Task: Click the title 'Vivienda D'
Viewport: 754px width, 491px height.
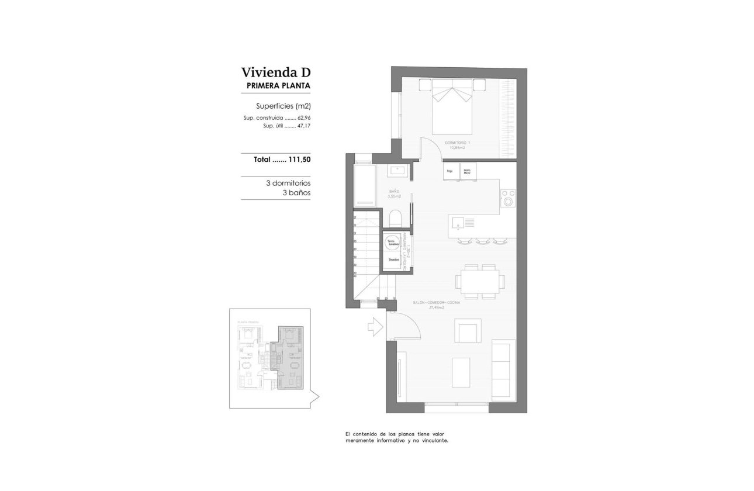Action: (275, 72)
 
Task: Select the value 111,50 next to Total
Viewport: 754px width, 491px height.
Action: (299, 159)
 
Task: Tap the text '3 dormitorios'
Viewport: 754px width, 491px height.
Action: (288, 183)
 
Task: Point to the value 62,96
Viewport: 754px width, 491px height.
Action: (304, 117)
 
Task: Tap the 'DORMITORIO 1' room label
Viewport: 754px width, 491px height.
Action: (457, 143)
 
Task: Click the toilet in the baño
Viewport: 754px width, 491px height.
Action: (395, 218)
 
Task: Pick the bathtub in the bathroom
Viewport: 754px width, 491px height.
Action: (364, 185)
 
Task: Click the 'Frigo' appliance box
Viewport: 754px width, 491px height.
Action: (450, 171)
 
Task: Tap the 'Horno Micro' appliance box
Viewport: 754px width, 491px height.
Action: (468, 171)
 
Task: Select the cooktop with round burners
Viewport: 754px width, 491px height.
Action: (509, 198)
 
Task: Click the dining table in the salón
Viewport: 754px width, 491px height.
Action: (480, 281)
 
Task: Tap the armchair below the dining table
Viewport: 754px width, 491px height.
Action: (468, 331)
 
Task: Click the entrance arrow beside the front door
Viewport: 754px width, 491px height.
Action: (375, 327)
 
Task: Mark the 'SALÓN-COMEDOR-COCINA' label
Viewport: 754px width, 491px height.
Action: (436, 303)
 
